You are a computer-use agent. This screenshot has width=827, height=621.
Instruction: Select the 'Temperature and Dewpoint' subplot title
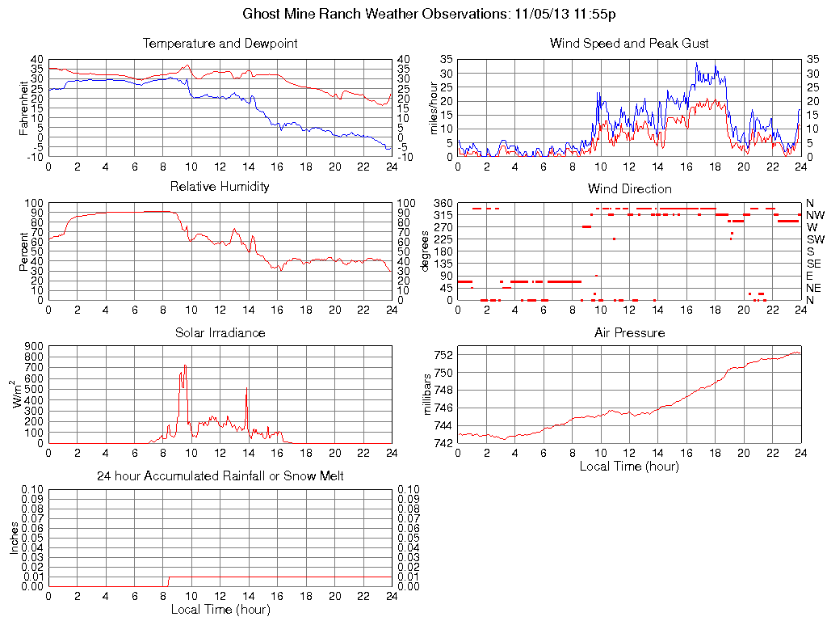(220, 43)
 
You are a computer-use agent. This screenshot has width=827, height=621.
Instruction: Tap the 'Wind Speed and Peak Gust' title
(629, 43)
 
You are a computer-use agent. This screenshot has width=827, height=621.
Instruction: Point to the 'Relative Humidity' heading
(220, 187)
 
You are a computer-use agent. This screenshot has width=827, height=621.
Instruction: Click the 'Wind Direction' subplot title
(629, 188)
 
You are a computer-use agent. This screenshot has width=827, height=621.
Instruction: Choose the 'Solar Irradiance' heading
(220, 332)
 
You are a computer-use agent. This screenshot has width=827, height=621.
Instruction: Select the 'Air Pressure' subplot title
(629, 332)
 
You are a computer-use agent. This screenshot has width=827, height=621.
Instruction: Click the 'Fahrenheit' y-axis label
(23, 107)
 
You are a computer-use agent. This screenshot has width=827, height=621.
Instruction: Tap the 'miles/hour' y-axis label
(433, 107)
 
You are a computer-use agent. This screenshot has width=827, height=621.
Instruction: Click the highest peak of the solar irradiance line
(185, 365)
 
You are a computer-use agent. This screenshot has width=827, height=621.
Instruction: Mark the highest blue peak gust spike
(696, 63)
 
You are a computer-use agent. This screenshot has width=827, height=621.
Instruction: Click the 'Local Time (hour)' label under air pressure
(629, 466)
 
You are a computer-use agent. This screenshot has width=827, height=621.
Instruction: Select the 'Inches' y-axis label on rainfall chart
(14, 537)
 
